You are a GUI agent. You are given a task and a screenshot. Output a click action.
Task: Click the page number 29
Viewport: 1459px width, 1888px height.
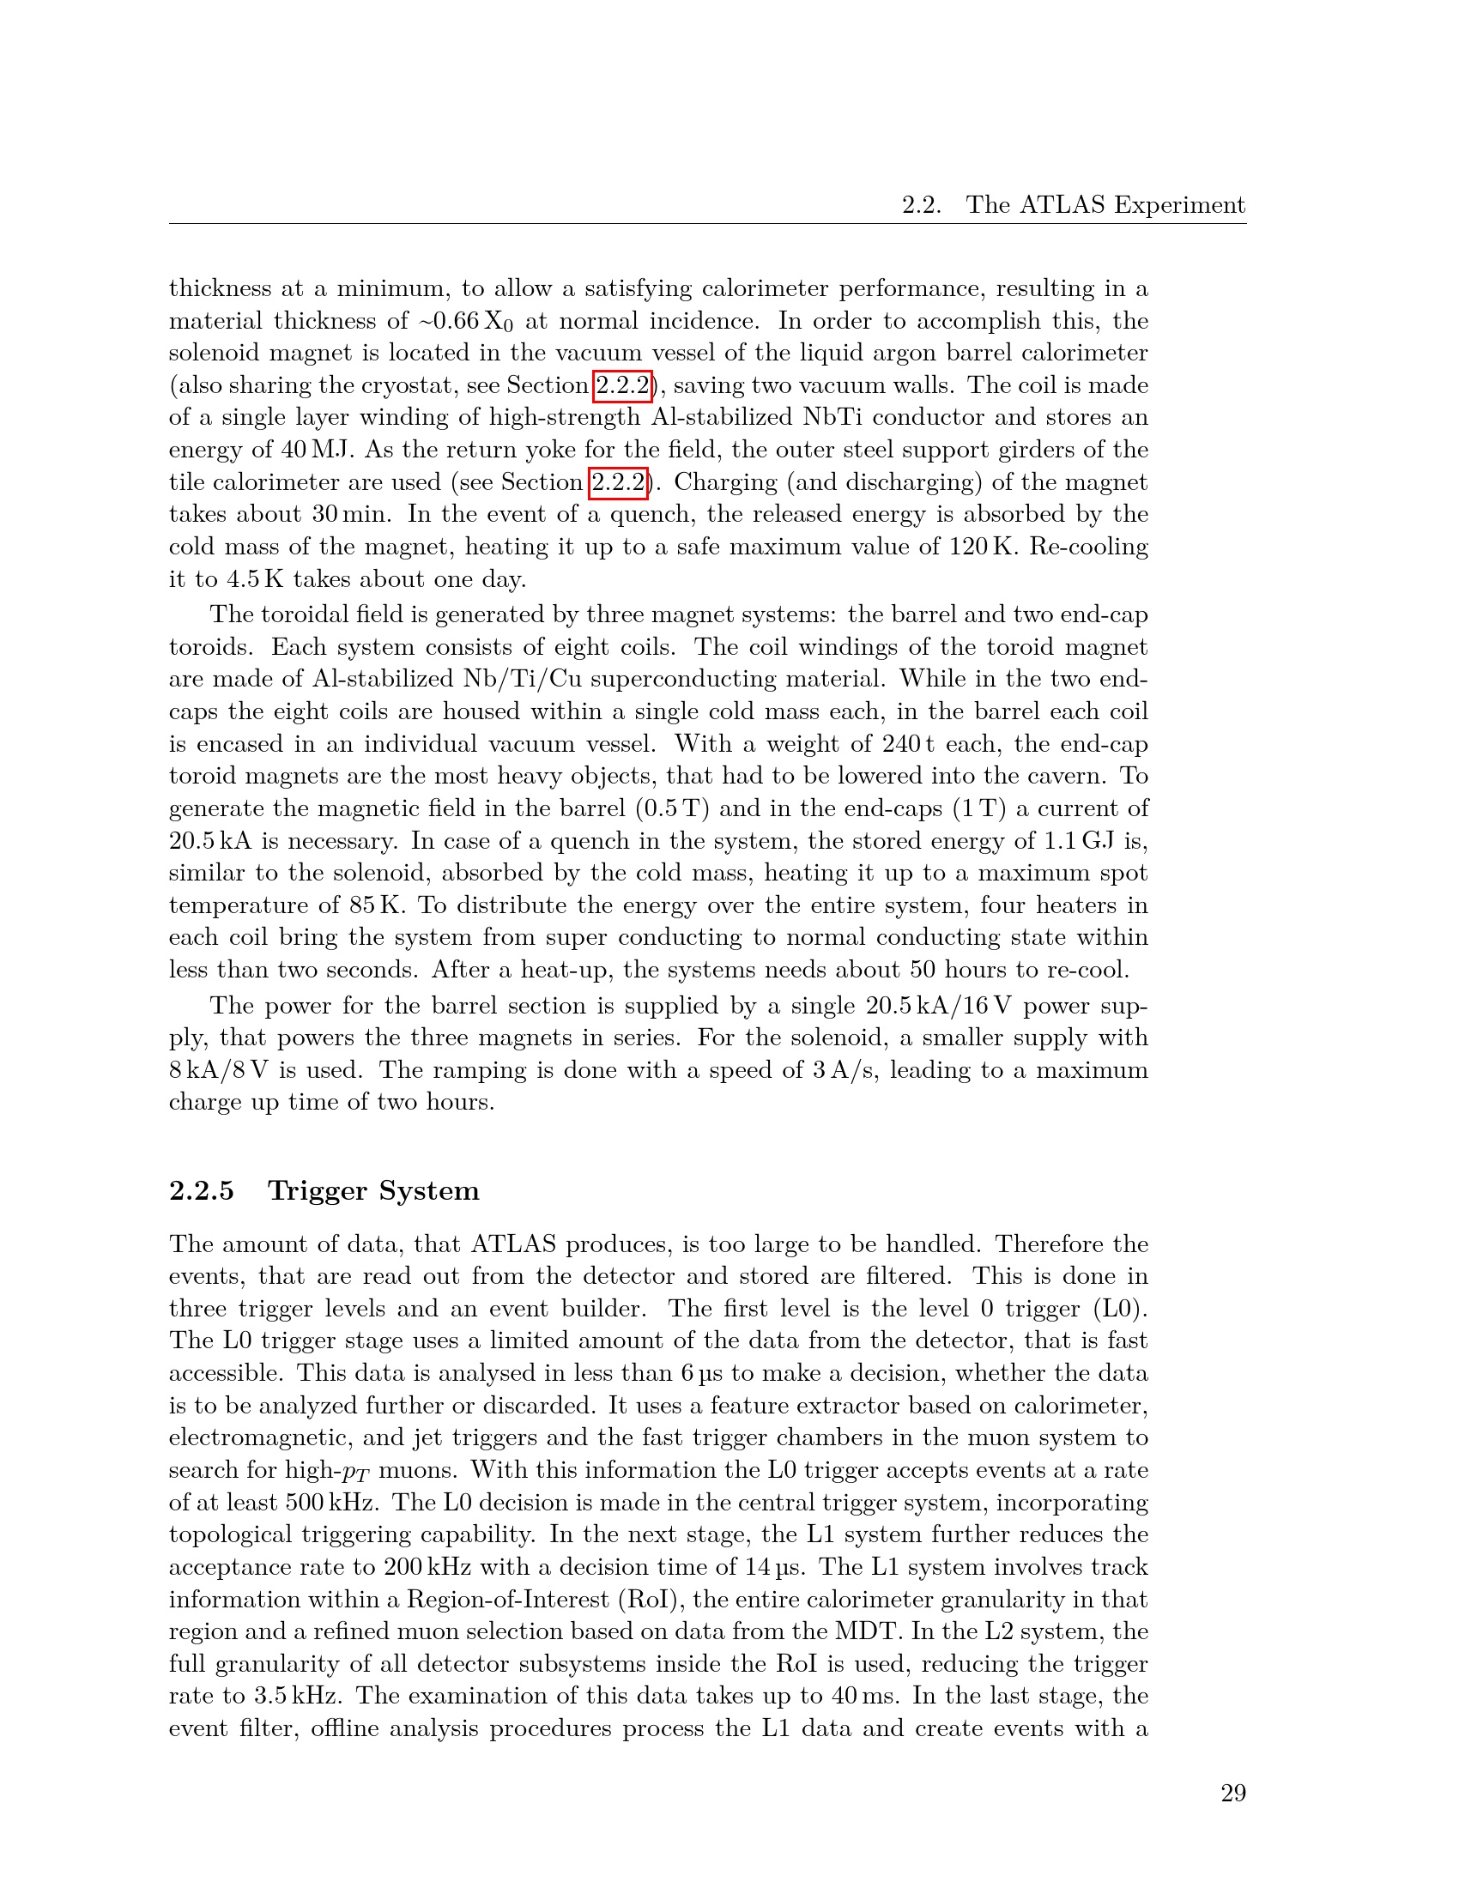(1232, 1794)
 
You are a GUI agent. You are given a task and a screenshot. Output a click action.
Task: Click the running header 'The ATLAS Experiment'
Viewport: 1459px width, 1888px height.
(1105, 205)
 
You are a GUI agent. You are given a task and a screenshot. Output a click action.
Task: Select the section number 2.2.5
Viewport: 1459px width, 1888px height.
(202, 1190)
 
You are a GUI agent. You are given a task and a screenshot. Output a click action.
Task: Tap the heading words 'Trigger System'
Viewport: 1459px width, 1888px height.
(373, 1190)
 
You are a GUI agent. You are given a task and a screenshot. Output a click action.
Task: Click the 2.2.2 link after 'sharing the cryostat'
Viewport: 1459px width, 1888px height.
(622, 385)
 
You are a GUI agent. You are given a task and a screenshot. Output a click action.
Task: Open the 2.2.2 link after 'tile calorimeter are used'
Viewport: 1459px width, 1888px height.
(618, 482)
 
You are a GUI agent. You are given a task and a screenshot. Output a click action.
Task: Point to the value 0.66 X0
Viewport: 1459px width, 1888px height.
(472, 322)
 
